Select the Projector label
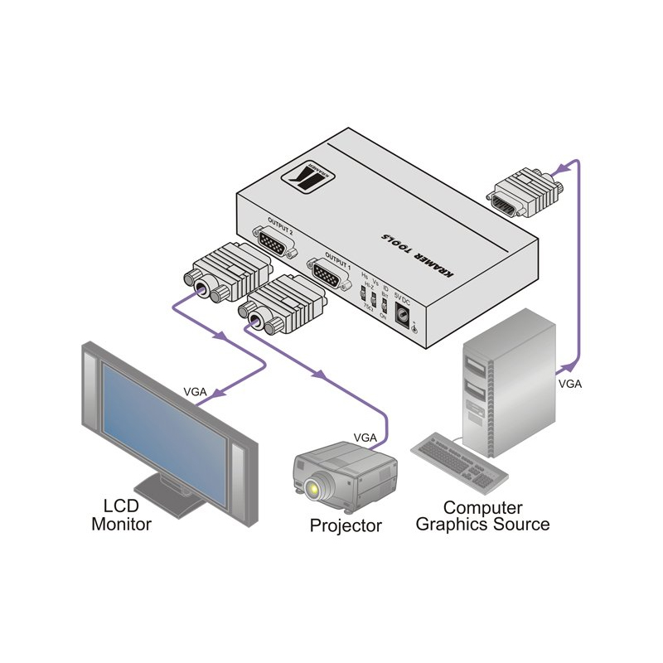click(x=346, y=525)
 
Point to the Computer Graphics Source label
click(x=482, y=515)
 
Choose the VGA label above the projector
click(x=365, y=436)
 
